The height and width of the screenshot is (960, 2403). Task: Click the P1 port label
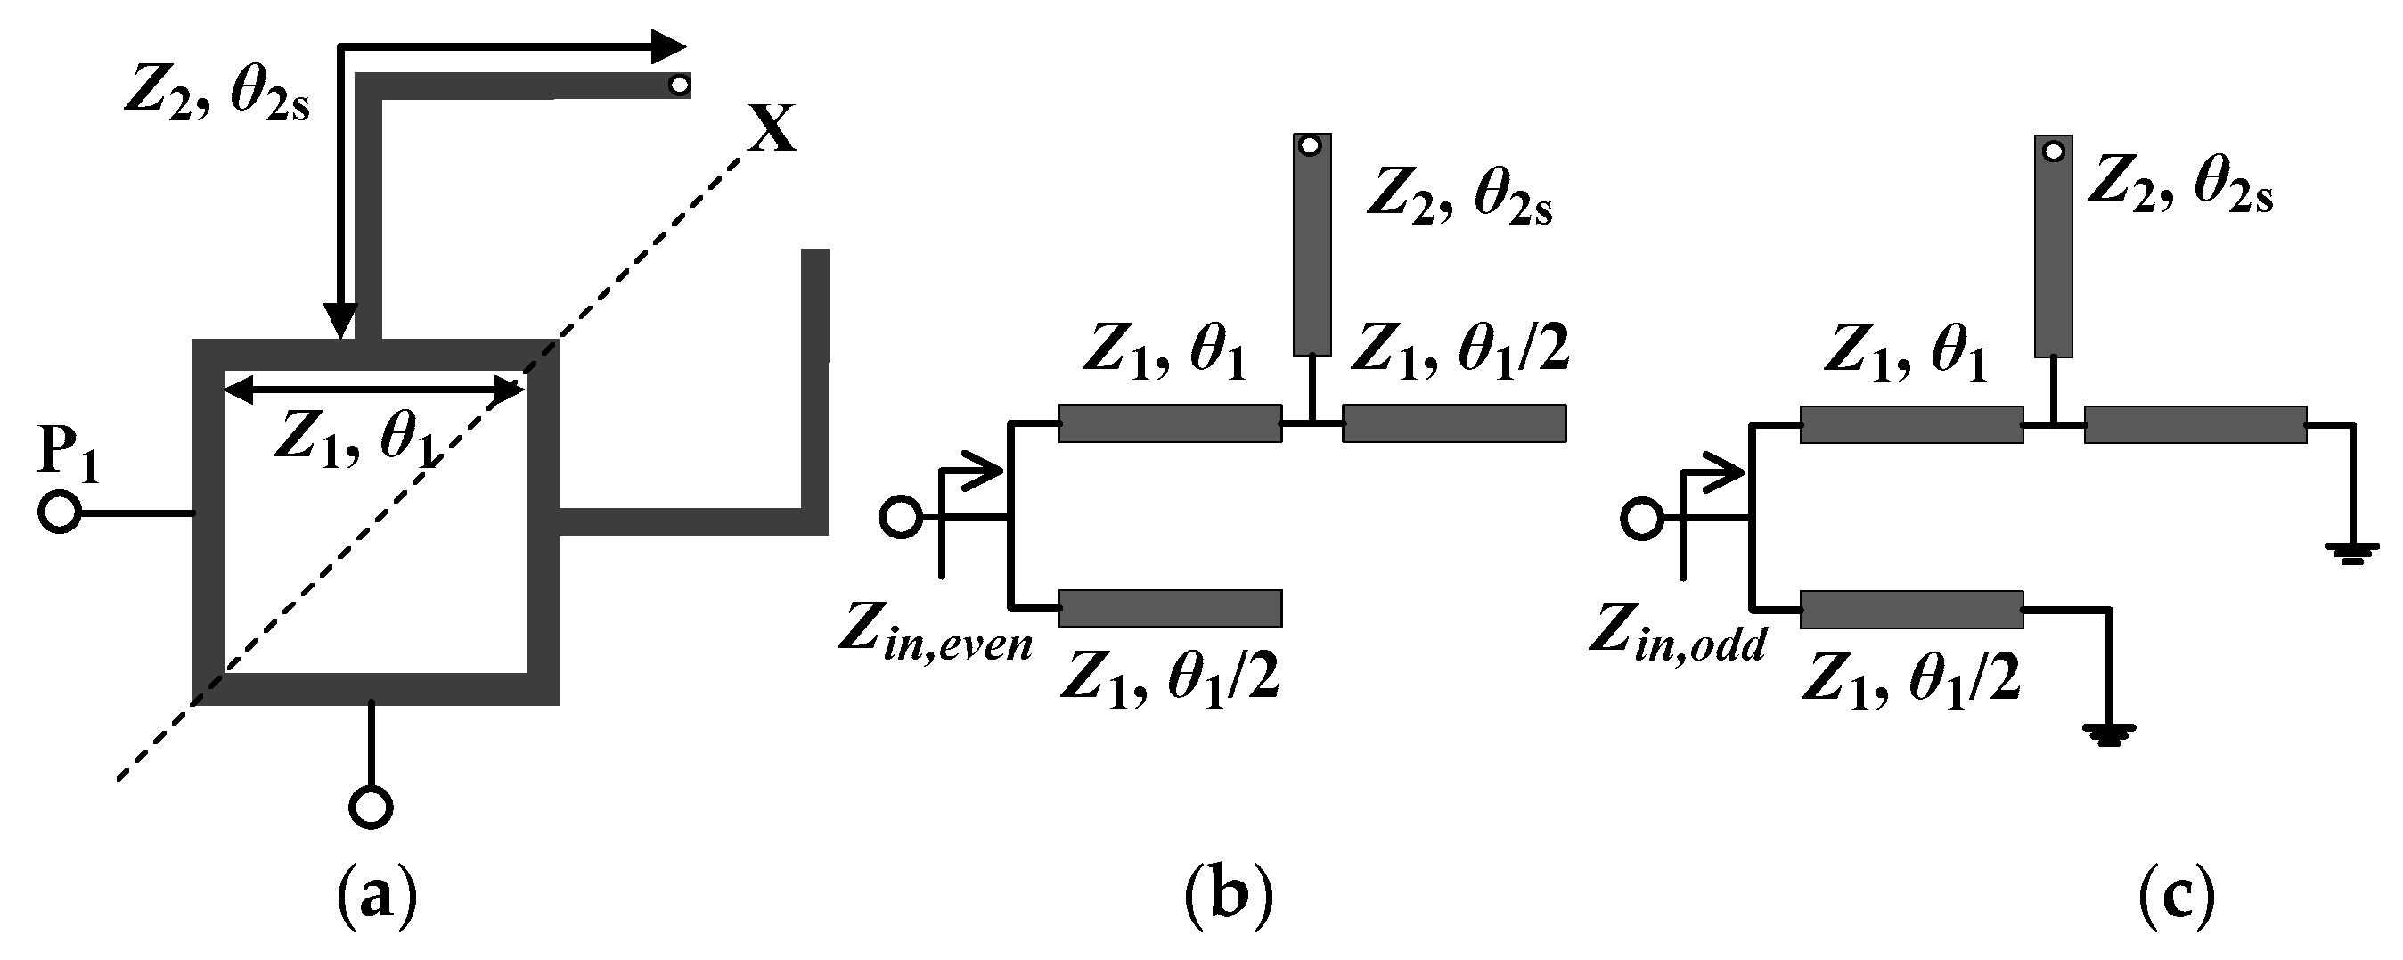coord(70,455)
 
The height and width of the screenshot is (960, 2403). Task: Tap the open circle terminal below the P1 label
coord(60,513)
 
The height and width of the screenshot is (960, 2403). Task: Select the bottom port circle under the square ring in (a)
coord(371,806)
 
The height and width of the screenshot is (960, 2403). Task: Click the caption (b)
coord(1228,898)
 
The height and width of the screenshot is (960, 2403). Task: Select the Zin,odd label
coord(1677,635)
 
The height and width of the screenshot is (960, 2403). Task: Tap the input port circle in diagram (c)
coord(1642,518)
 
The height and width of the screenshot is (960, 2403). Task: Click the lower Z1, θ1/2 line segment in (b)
coord(1170,608)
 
